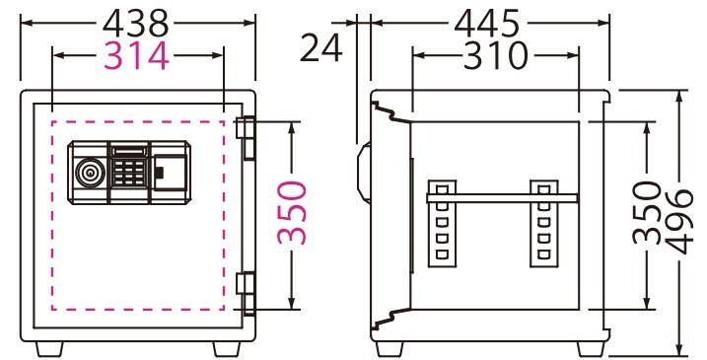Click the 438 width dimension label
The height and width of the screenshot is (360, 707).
tap(135, 24)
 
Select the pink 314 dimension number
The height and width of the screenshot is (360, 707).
tap(137, 56)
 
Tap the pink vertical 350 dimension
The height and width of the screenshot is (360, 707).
tap(292, 212)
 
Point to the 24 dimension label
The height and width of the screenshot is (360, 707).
tap(321, 48)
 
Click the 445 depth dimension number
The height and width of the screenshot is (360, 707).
tap(487, 24)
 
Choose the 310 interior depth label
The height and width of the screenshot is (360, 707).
tap(495, 56)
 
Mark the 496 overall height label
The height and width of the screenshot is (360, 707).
tap(679, 222)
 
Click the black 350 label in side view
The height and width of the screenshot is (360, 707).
tap(646, 212)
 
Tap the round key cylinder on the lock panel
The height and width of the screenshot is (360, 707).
tap(90, 173)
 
